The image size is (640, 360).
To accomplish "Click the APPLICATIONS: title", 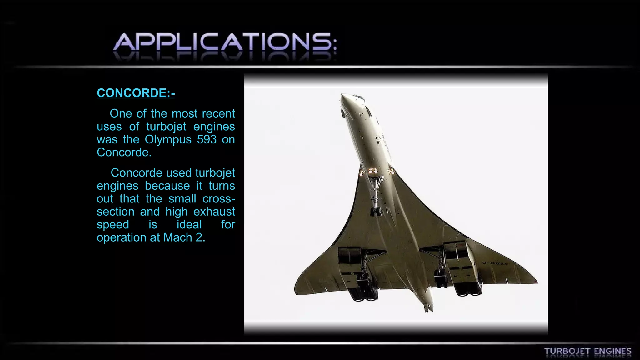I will coord(225,42).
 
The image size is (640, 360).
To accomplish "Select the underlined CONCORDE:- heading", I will coord(136,93).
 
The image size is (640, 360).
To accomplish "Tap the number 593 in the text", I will coord(207,139).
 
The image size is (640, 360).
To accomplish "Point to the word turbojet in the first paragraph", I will coord(166,127).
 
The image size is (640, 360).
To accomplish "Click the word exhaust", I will coord(214,212).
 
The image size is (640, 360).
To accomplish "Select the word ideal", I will coord(189,224).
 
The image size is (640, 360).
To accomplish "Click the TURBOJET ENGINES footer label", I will coord(587,352).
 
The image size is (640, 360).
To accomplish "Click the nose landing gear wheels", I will coord(375,211).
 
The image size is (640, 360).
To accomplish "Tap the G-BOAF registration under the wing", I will coord(495,264).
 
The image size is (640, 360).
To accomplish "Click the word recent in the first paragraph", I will coord(218,113).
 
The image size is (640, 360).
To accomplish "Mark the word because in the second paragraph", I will coord(167,186).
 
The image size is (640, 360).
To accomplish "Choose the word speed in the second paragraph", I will coord(113,224).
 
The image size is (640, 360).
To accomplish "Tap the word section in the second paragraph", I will coord(115,212).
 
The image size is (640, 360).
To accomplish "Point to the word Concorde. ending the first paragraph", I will coord(124,152).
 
